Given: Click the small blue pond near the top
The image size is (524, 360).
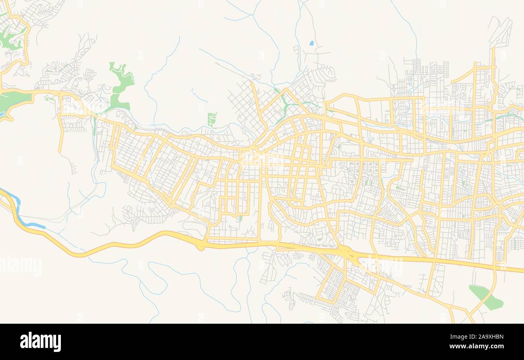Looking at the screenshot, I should tap(311, 43).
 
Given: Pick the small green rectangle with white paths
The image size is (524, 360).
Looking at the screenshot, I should tap(212, 119).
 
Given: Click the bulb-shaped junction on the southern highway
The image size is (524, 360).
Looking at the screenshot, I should tap(200, 245).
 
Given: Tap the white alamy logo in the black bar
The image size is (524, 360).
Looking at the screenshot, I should tap(40, 341).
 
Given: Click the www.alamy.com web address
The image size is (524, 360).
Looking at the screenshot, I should tap(476, 346).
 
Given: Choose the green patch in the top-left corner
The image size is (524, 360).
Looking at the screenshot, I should tap(10, 40).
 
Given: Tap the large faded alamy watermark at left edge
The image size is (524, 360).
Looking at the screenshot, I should tap(20, 266).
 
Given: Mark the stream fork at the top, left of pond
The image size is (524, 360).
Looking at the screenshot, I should tap(254, 16).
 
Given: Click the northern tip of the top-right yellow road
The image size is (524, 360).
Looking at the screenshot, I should tap(493, 48).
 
